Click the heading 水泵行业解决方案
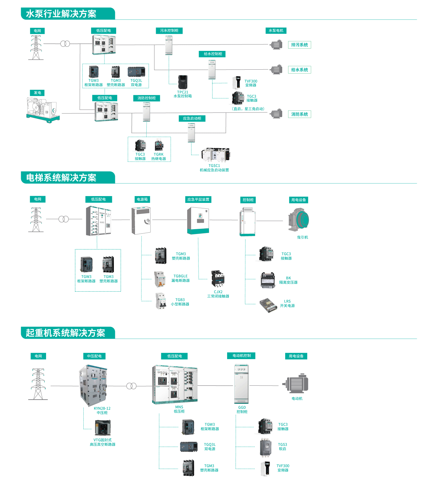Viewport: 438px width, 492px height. [61, 14]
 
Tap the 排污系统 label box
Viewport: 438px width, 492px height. [299, 45]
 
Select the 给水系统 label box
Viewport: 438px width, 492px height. [299, 70]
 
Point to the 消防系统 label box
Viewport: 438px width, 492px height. [299, 114]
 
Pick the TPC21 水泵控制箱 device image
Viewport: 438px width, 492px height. [183, 82]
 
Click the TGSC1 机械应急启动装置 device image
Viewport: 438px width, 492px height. [215, 155]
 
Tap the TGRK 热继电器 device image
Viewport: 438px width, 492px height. [159, 145]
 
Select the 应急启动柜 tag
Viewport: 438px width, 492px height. [192, 118]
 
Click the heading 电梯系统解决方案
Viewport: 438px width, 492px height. [61, 178]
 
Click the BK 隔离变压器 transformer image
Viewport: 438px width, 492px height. [268, 280]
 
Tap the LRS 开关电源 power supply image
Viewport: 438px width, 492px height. [268, 305]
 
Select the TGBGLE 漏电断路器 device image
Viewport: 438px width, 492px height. [160, 279]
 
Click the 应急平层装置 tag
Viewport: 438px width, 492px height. [198, 199]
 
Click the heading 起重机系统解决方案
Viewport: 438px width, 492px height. [65, 333]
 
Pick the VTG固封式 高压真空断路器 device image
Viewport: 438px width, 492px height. [103, 428]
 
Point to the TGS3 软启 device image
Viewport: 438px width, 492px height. [266, 447]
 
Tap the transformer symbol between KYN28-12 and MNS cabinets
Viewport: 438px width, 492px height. [131, 386]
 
